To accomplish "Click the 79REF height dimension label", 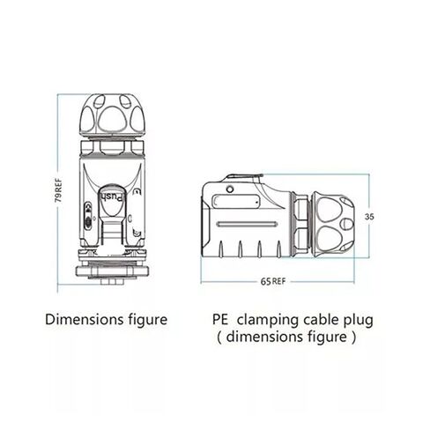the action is [59, 189].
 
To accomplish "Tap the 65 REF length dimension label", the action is [273, 281].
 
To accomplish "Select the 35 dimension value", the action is [369, 217].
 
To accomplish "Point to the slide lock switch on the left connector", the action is [88, 216].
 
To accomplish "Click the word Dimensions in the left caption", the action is [85, 320].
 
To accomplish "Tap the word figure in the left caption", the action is [148, 321].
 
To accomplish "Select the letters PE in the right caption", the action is [220, 320].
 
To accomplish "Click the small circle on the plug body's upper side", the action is [230, 189].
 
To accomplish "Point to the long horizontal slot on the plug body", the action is [247, 225].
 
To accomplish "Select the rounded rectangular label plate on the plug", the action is [235, 202].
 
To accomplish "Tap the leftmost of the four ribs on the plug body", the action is [221, 249].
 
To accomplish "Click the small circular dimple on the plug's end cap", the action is [346, 224].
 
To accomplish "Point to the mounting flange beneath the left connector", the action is [114, 271].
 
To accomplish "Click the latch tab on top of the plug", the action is [243, 177].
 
